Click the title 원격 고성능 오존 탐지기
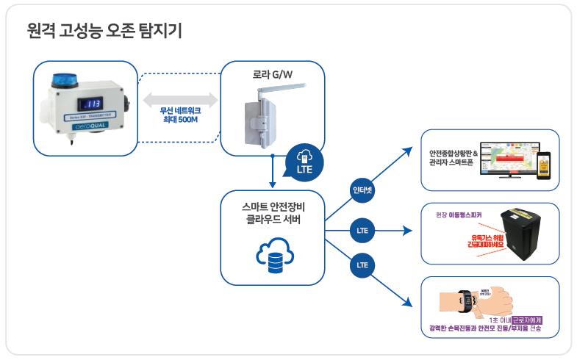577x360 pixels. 104,31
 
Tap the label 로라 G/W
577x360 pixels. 272,74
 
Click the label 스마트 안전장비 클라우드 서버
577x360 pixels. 271,213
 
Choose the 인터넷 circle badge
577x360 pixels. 362,190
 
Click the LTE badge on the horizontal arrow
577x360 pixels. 362,230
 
